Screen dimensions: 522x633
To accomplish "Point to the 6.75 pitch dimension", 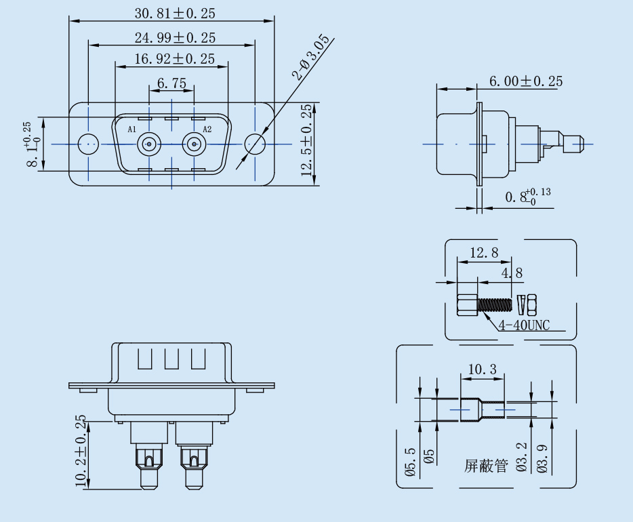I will click(171, 83).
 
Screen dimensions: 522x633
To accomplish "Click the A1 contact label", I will click(132, 129).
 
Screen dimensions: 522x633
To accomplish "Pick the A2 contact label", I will click(207, 129).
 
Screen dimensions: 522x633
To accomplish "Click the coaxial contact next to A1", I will click(148, 144).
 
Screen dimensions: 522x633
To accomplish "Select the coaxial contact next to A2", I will click(195, 144).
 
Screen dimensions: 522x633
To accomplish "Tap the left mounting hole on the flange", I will click(88, 144).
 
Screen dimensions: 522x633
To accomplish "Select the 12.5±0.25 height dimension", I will click(307, 141).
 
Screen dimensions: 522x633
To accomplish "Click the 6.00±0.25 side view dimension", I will click(526, 81).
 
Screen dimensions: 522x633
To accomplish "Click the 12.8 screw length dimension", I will click(484, 253).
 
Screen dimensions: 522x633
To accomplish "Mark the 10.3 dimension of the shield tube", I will click(483, 369).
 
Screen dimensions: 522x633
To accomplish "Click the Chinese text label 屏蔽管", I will click(486, 466).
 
